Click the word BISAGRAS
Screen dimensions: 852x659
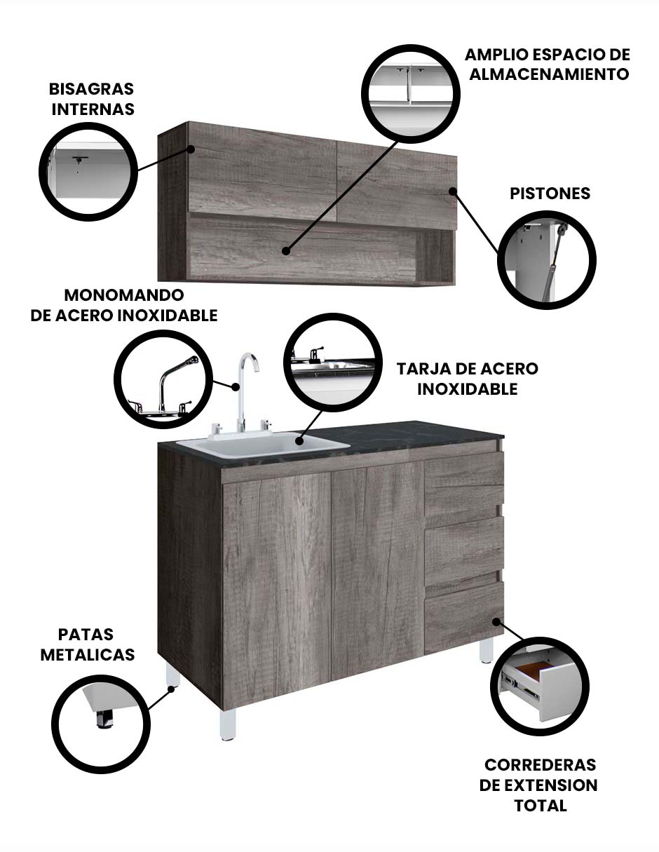tap(91, 90)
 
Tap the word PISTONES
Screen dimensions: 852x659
tap(550, 194)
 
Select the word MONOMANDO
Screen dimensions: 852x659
tap(124, 295)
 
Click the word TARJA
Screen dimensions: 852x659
tap(425, 369)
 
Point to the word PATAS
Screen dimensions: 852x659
tap(87, 635)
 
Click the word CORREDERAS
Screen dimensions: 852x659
tap(540, 764)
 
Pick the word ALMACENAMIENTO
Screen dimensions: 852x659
tap(549, 74)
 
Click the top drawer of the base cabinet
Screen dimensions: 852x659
tap(464, 481)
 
